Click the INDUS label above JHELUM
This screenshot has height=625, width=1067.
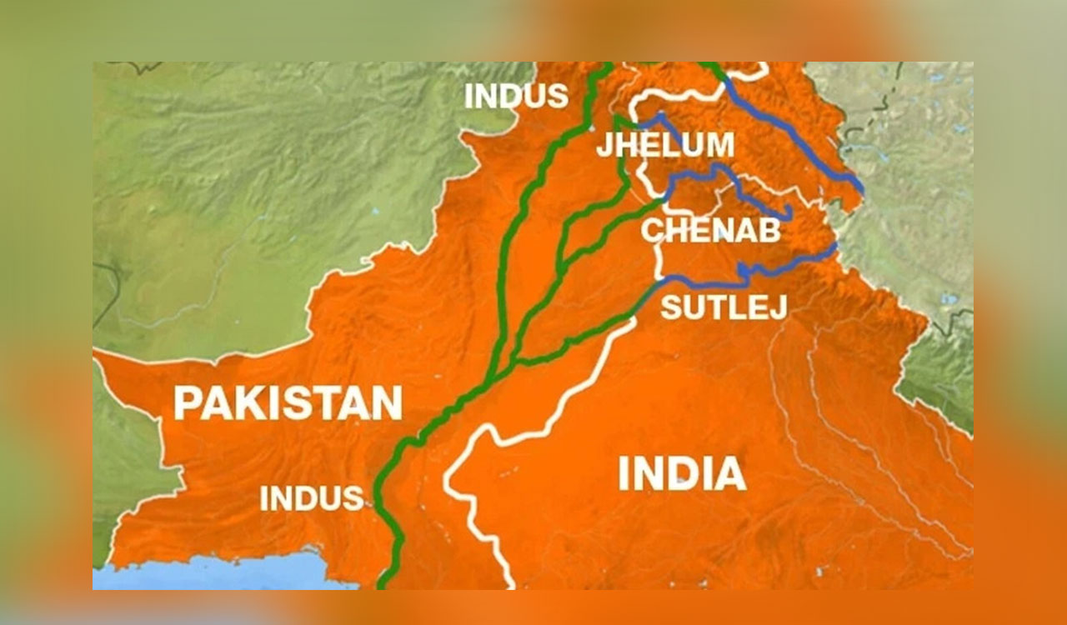tap(516, 96)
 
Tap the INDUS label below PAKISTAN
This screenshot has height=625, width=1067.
tap(312, 498)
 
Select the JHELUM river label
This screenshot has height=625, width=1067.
tap(664, 145)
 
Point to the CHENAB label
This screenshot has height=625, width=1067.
tap(710, 230)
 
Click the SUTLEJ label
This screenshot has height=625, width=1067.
tap(724, 307)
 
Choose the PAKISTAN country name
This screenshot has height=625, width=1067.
tap(288, 403)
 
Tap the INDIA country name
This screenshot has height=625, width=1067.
tap(681, 474)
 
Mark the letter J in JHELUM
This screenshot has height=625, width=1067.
tap(604, 146)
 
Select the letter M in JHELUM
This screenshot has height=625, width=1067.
tap(719, 145)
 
